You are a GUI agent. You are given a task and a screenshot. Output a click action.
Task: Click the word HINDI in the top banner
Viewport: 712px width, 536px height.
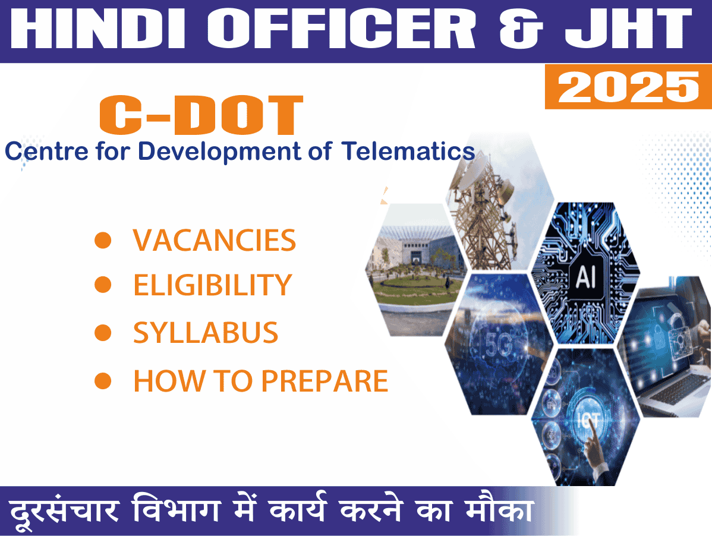[x=98, y=29]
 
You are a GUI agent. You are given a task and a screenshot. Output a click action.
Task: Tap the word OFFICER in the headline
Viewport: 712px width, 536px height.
[x=341, y=29]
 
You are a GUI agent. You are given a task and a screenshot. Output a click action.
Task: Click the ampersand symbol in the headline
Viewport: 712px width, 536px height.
[x=521, y=29]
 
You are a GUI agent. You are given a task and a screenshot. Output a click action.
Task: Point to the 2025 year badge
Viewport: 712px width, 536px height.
[x=628, y=87]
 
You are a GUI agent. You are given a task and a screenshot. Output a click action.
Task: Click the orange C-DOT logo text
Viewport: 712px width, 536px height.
[x=201, y=115]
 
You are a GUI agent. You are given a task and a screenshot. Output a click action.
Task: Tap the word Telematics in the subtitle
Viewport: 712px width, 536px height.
[x=408, y=151]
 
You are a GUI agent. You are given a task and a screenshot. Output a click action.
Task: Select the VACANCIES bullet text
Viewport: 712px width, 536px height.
[x=214, y=240]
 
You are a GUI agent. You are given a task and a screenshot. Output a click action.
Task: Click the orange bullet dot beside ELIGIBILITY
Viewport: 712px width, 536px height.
[x=103, y=285]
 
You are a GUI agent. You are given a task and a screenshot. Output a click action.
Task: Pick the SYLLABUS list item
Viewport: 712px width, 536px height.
[x=205, y=333]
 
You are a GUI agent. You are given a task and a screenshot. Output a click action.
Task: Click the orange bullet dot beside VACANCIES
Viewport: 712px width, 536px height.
[x=103, y=240]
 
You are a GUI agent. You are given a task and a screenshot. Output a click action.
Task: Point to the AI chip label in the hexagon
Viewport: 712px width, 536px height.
[x=585, y=276]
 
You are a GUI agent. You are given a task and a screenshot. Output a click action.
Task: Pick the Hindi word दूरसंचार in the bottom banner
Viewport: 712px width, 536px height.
[x=64, y=510]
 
